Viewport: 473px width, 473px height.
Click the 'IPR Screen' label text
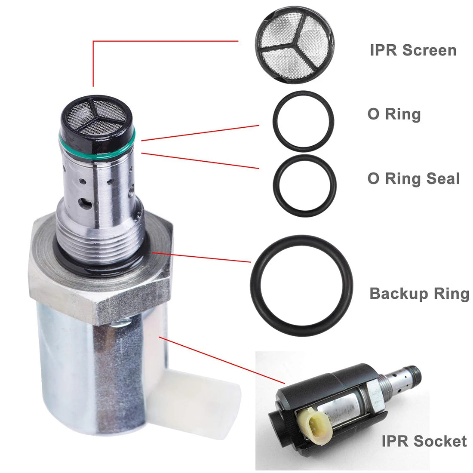(x=413, y=50)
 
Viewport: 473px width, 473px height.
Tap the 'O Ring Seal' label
(x=414, y=178)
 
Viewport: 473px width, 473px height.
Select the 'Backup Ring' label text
(x=419, y=294)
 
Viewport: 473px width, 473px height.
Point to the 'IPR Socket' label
(x=424, y=441)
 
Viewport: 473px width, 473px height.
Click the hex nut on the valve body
(x=100, y=271)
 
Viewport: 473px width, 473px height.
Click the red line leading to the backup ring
(x=202, y=257)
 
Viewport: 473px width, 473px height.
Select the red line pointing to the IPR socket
(x=222, y=360)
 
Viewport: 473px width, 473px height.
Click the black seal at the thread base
(x=100, y=259)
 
